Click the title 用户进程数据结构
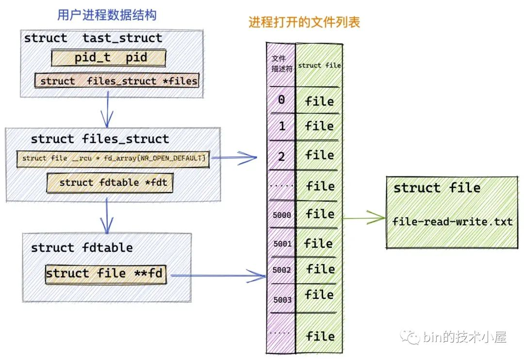pyautogui.click(x=107, y=15)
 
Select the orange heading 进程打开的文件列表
pyautogui.click(x=304, y=23)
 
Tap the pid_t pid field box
pyautogui.click(x=109, y=58)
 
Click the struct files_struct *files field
pyautogui.click(x=117, y=81)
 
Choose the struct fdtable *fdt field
pyautogui.click(x=110, y=183)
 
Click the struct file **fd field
pyautogui.click(x=105, y=274)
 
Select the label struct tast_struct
pyautogui.click(x=93, y=38)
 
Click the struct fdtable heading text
pyautogui.click(x=82, y=247)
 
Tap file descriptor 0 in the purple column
pyautogui.click(x=281, y=100)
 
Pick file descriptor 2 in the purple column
pyautogui.click(x=281, y=156)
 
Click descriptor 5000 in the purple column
pyautogui.click(x=281, y=214)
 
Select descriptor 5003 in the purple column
pyautogui.click(x=281, y=300)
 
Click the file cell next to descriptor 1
pyautogui.click(x=319, y=126)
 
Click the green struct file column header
pyautogui.click(x=319, y=65)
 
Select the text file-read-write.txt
pyautogui.click(x=452, y=222)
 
